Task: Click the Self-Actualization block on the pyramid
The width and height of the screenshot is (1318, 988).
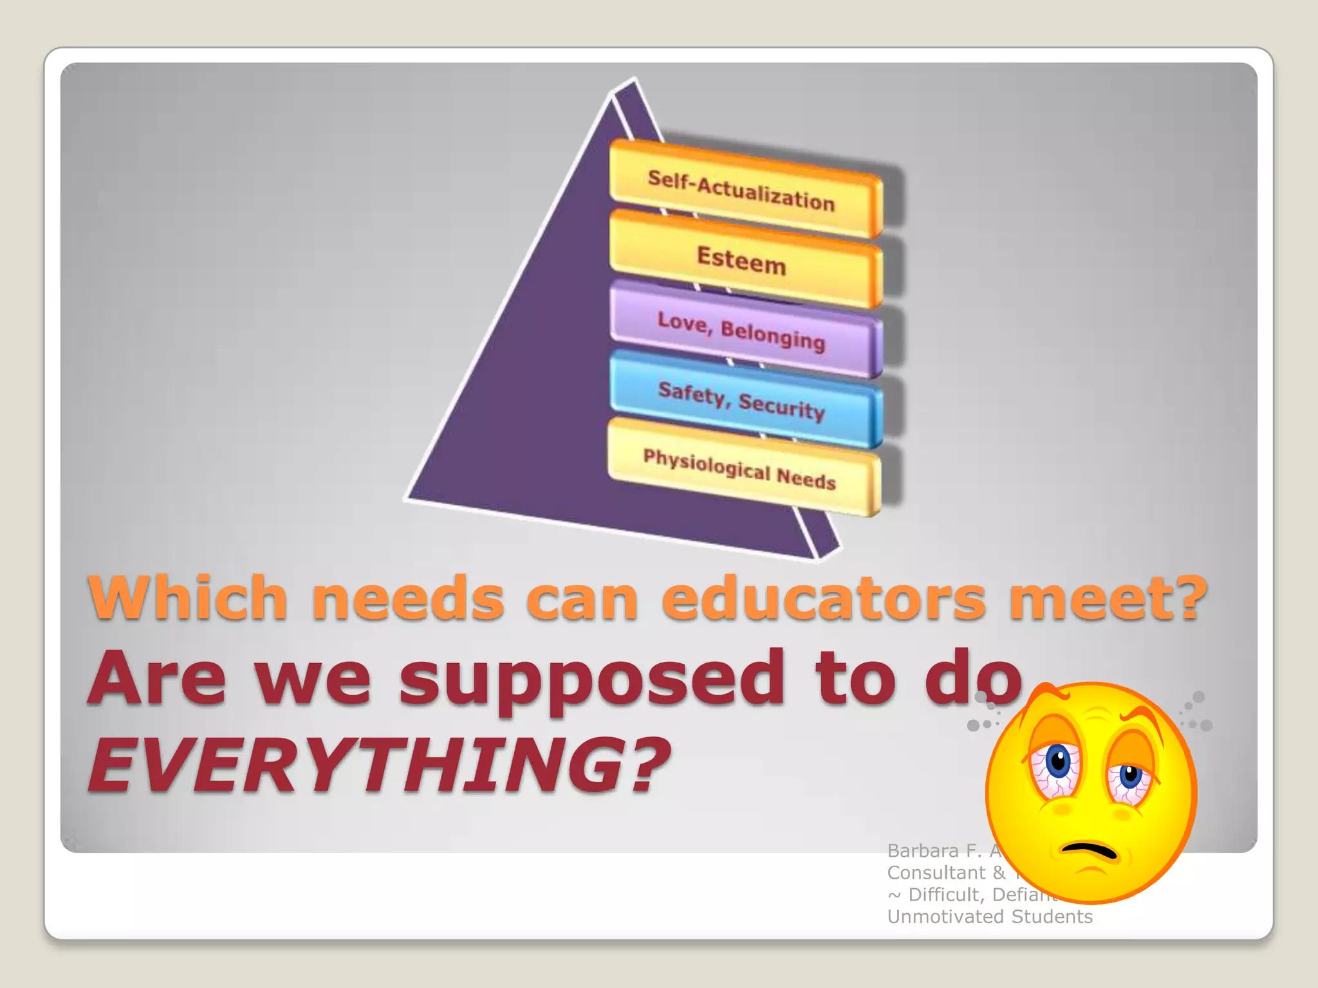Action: point(743,189)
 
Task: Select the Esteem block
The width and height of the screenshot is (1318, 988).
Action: point(743,260)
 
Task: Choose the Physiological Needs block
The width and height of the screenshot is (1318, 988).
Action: point(740,468)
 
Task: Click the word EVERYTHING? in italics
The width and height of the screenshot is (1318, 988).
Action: point(380,765)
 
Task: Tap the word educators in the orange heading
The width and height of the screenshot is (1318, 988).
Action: point(824,598)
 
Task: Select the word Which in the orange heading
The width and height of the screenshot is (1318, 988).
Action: point(187,598)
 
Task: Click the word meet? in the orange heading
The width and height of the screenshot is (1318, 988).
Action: point(1107,598)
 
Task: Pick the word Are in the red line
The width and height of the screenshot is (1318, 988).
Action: point(158,679)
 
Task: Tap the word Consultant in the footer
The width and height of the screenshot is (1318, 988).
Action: point(936,873)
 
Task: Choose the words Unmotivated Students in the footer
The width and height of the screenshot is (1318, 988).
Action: point(990,917)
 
